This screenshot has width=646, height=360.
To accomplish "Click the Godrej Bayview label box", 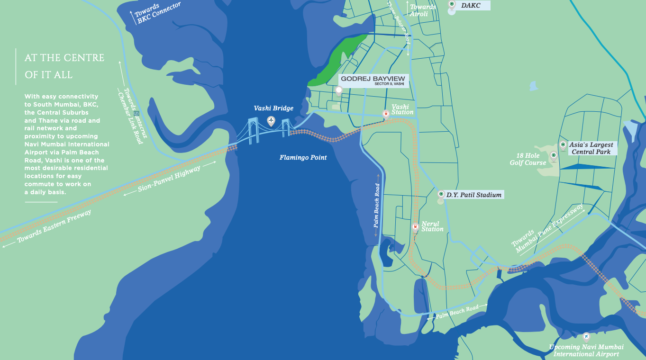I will [373, 80].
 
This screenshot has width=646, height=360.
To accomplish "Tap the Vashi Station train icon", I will [386, 114].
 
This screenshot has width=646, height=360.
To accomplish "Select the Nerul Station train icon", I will [415, 226].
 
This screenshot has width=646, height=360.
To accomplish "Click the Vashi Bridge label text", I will [273, 108].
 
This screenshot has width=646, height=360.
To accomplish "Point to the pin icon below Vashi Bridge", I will [271, 121].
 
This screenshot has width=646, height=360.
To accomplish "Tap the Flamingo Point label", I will [303, 157].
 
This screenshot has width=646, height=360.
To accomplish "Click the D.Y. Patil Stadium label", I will [473, 195].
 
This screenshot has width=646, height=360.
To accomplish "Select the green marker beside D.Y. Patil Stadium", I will [441, 194].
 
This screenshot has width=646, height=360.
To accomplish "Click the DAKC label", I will [471, 5].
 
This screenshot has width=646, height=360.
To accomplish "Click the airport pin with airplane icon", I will [586, 337].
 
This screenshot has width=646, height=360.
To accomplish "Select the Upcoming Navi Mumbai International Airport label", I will [586, 351].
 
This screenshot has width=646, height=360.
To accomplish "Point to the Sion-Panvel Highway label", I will [170, 180].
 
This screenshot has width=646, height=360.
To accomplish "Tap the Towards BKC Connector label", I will [156, 13].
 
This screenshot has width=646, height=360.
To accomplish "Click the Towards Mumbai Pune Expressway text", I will [548, 229].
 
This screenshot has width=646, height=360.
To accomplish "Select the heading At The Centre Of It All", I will [64, 66].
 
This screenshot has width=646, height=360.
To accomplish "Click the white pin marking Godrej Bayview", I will [339, 90].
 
